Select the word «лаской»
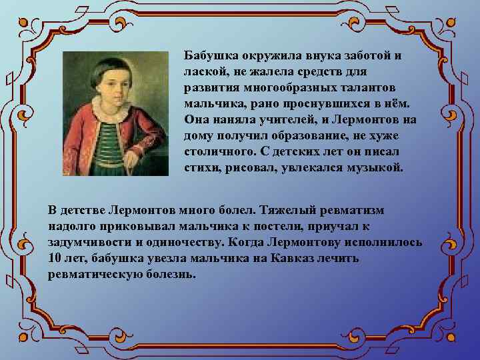tap(204, 71)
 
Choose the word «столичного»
tap(217, 151)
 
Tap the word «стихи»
tap(201, 167)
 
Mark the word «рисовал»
tap(244, 167)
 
